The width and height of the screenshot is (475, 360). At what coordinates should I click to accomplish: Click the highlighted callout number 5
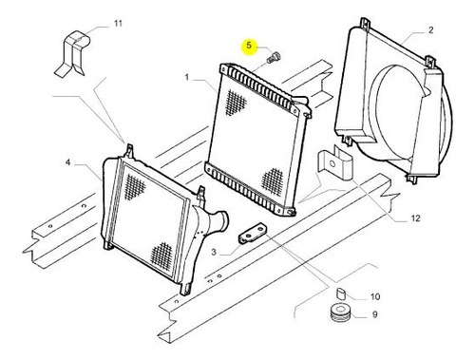click(249, 46)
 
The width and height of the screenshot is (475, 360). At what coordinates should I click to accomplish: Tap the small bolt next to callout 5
click(273, 57)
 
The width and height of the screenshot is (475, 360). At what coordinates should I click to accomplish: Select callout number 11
click(118, 24)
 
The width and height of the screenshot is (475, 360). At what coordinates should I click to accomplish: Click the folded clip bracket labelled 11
click(72, 53)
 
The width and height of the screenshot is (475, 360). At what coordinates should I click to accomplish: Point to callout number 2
click(430, 30)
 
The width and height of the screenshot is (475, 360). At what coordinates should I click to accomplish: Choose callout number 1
click(187, 77)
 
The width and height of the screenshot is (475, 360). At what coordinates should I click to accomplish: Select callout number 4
click(67, 162)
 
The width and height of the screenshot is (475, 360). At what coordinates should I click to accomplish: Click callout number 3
click(214, 252)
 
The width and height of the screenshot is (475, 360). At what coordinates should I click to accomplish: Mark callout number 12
click(415, 218)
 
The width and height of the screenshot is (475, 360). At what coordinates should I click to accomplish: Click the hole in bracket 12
click(332, 163)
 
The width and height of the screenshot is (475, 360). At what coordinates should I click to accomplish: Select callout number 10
click(375, 296)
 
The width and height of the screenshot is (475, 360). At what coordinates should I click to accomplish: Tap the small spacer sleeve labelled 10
click(340, 294)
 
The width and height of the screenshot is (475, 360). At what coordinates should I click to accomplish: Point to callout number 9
click(375, 314)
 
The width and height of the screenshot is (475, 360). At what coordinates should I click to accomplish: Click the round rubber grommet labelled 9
click(340, 313)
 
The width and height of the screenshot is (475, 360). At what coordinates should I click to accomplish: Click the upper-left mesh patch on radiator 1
click(235, 102)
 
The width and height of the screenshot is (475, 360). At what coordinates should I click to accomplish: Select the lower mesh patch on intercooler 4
click(161, 254)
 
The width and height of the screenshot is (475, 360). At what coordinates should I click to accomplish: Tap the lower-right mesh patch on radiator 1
click(272, 180)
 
